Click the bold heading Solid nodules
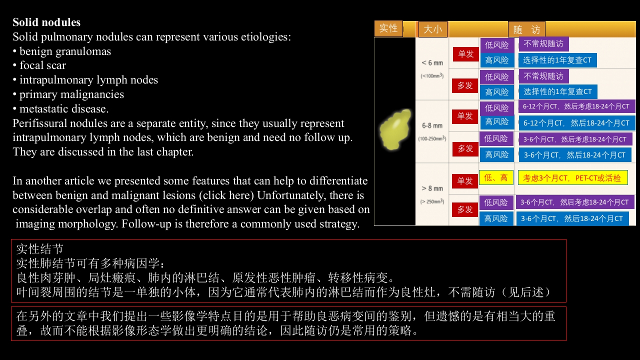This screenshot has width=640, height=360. coord(46,22)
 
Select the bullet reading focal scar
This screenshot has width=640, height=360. coord(42,65)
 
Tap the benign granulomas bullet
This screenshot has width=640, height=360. coord(65,51)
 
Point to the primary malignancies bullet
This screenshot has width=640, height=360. coord(71,94)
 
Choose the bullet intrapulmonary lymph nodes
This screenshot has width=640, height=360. coord(88,80)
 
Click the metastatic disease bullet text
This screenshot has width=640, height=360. coord(63,109)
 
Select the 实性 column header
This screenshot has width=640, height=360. coord(388,28)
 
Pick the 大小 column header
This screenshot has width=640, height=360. coord(432,29)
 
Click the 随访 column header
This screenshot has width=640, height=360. coord(526,29)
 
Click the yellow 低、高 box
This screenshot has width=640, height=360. coord(496,177)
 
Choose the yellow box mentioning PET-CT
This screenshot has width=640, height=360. coord(572,177)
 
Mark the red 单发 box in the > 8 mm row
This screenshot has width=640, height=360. coord(465,180)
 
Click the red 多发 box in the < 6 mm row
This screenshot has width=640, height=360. coord(465,85)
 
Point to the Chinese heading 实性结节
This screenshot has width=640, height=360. coord(40,249)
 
